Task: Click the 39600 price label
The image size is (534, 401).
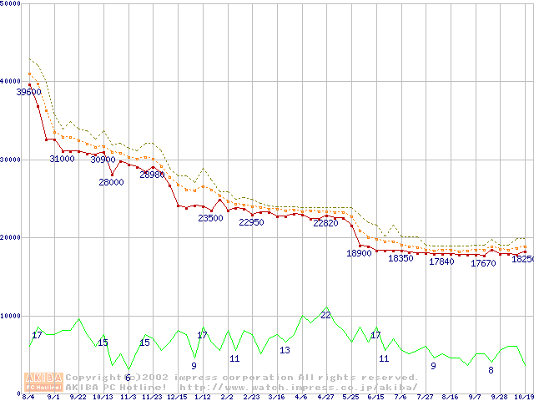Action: [28, 92]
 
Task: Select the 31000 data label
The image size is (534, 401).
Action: [62, 159]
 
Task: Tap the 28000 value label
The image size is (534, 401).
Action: [111, 182]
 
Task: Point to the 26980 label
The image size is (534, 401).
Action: [152, 175]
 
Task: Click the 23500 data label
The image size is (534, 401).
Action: [210, 218]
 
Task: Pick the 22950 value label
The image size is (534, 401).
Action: [251, 222]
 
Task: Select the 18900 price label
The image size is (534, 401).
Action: [359, 253]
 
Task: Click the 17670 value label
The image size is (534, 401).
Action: [483, 263]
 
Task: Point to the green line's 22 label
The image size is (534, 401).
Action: [325, 315]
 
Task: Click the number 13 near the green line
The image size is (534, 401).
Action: [285, 350]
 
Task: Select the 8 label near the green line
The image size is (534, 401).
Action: [491, 370]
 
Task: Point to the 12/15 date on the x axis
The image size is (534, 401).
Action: [177, 397]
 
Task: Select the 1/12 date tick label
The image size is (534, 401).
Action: [202, 397]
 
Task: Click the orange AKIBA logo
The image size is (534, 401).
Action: [43, 381]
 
